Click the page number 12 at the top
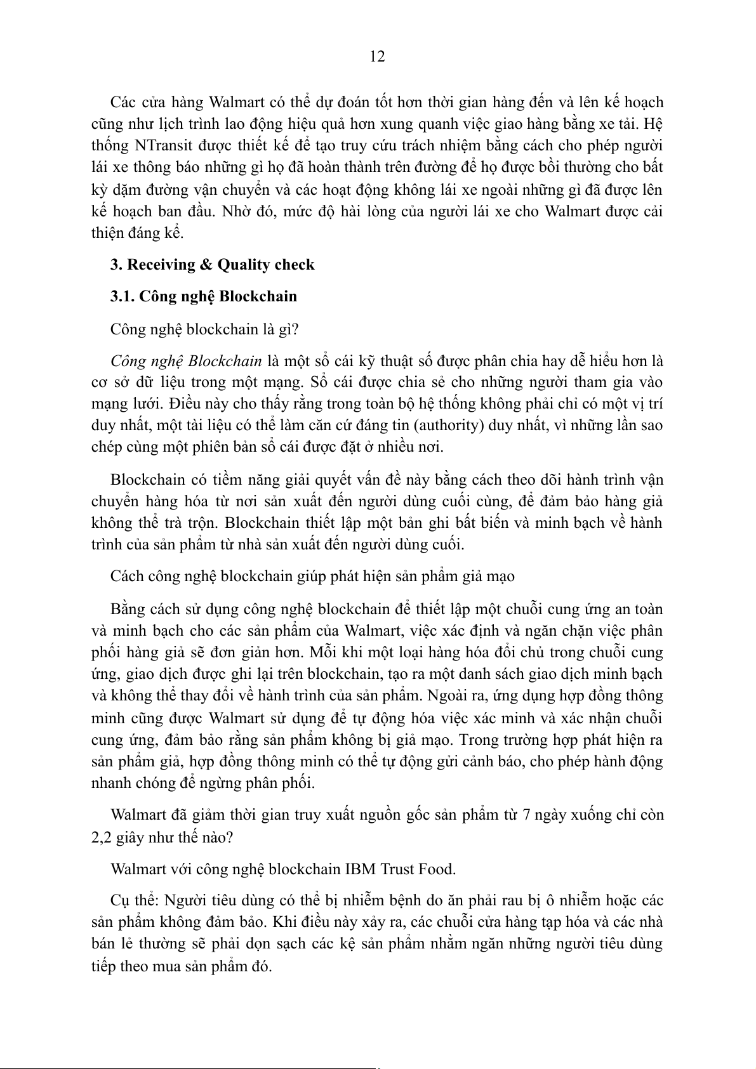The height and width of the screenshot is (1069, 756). pyautogui.click(x=377, y=56)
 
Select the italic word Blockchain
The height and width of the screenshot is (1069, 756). pyautogui.click(x=225, y=361)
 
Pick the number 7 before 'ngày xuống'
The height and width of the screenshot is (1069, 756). pyautogui.click(x=526, y=815)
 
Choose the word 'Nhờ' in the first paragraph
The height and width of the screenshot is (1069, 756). pyautogui.click(x=235, y=211)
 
